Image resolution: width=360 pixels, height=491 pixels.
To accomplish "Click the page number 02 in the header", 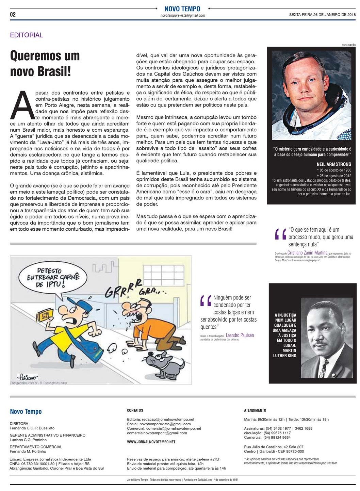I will point(13,14).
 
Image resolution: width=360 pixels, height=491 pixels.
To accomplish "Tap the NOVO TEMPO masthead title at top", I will point(182,9).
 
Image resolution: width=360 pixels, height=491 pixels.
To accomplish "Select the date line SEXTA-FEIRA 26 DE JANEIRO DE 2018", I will point(322,15).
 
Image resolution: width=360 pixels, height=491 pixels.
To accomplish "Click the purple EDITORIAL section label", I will point(27,35).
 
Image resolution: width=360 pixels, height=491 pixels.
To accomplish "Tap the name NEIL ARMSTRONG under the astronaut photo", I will point(334,164).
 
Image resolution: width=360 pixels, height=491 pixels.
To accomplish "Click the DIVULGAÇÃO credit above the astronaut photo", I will point(348,45).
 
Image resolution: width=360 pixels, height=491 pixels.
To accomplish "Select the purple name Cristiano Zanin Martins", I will point(307,253).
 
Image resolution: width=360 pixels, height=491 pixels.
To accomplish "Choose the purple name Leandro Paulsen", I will point(240,335).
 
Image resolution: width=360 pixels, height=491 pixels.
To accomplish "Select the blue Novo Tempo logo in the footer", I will point(26,411).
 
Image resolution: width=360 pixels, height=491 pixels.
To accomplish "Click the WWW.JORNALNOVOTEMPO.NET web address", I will point(151,442).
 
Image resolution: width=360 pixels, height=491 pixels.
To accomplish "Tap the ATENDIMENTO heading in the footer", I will point(255,410).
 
